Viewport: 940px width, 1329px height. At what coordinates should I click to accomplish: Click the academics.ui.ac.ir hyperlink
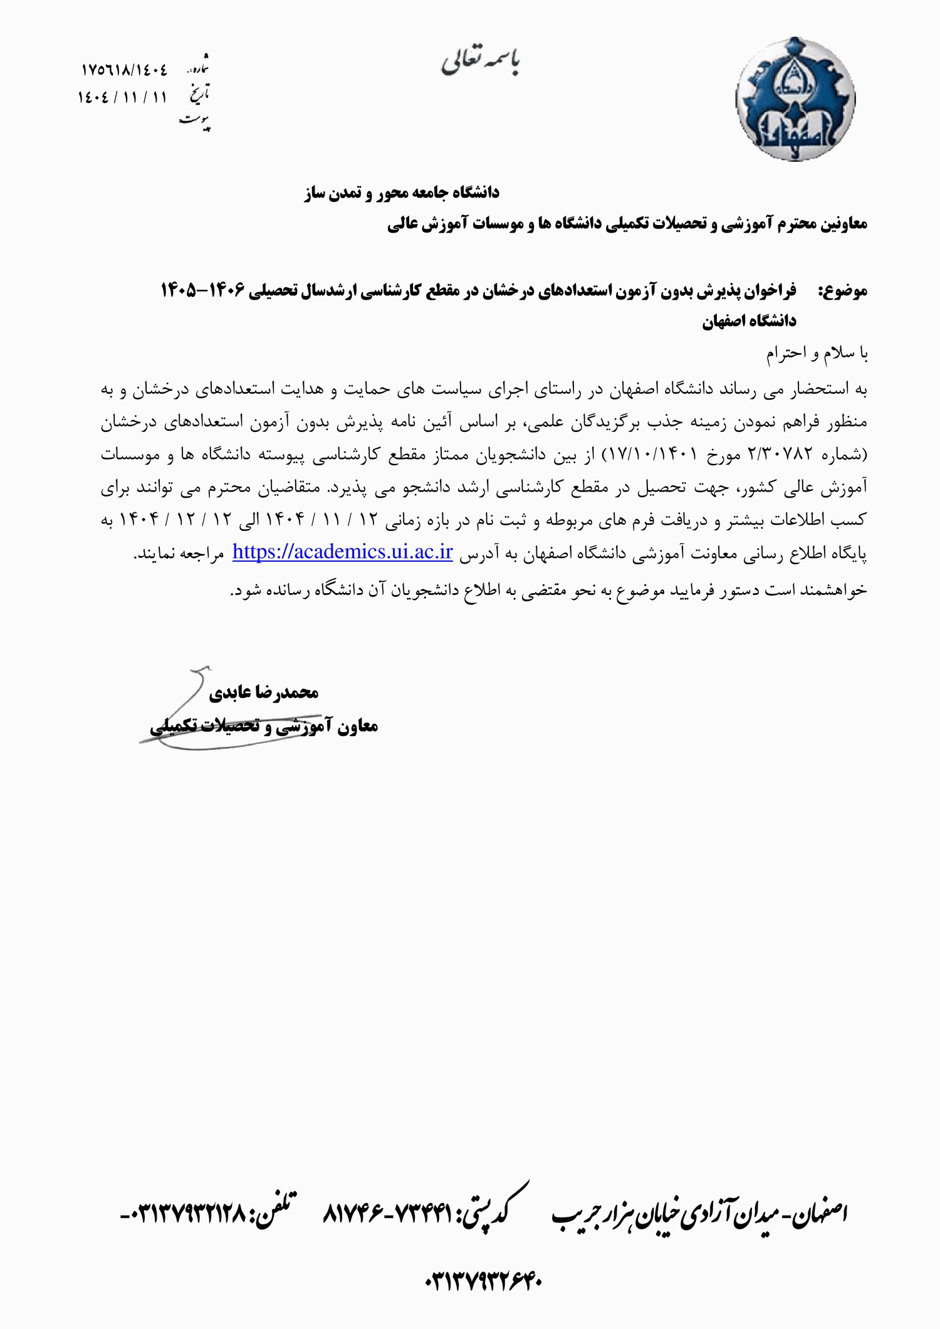point(342,552)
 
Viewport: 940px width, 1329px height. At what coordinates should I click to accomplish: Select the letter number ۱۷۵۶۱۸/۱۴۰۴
point(125,70)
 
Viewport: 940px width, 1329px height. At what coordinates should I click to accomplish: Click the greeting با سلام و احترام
point(817,354)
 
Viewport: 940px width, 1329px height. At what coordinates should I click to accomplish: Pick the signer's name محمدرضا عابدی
point(263,692)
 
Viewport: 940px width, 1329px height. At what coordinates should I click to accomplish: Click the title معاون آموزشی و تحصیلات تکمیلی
point(264,726)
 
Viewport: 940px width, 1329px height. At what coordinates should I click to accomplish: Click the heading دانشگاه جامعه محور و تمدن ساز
point(402,192)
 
